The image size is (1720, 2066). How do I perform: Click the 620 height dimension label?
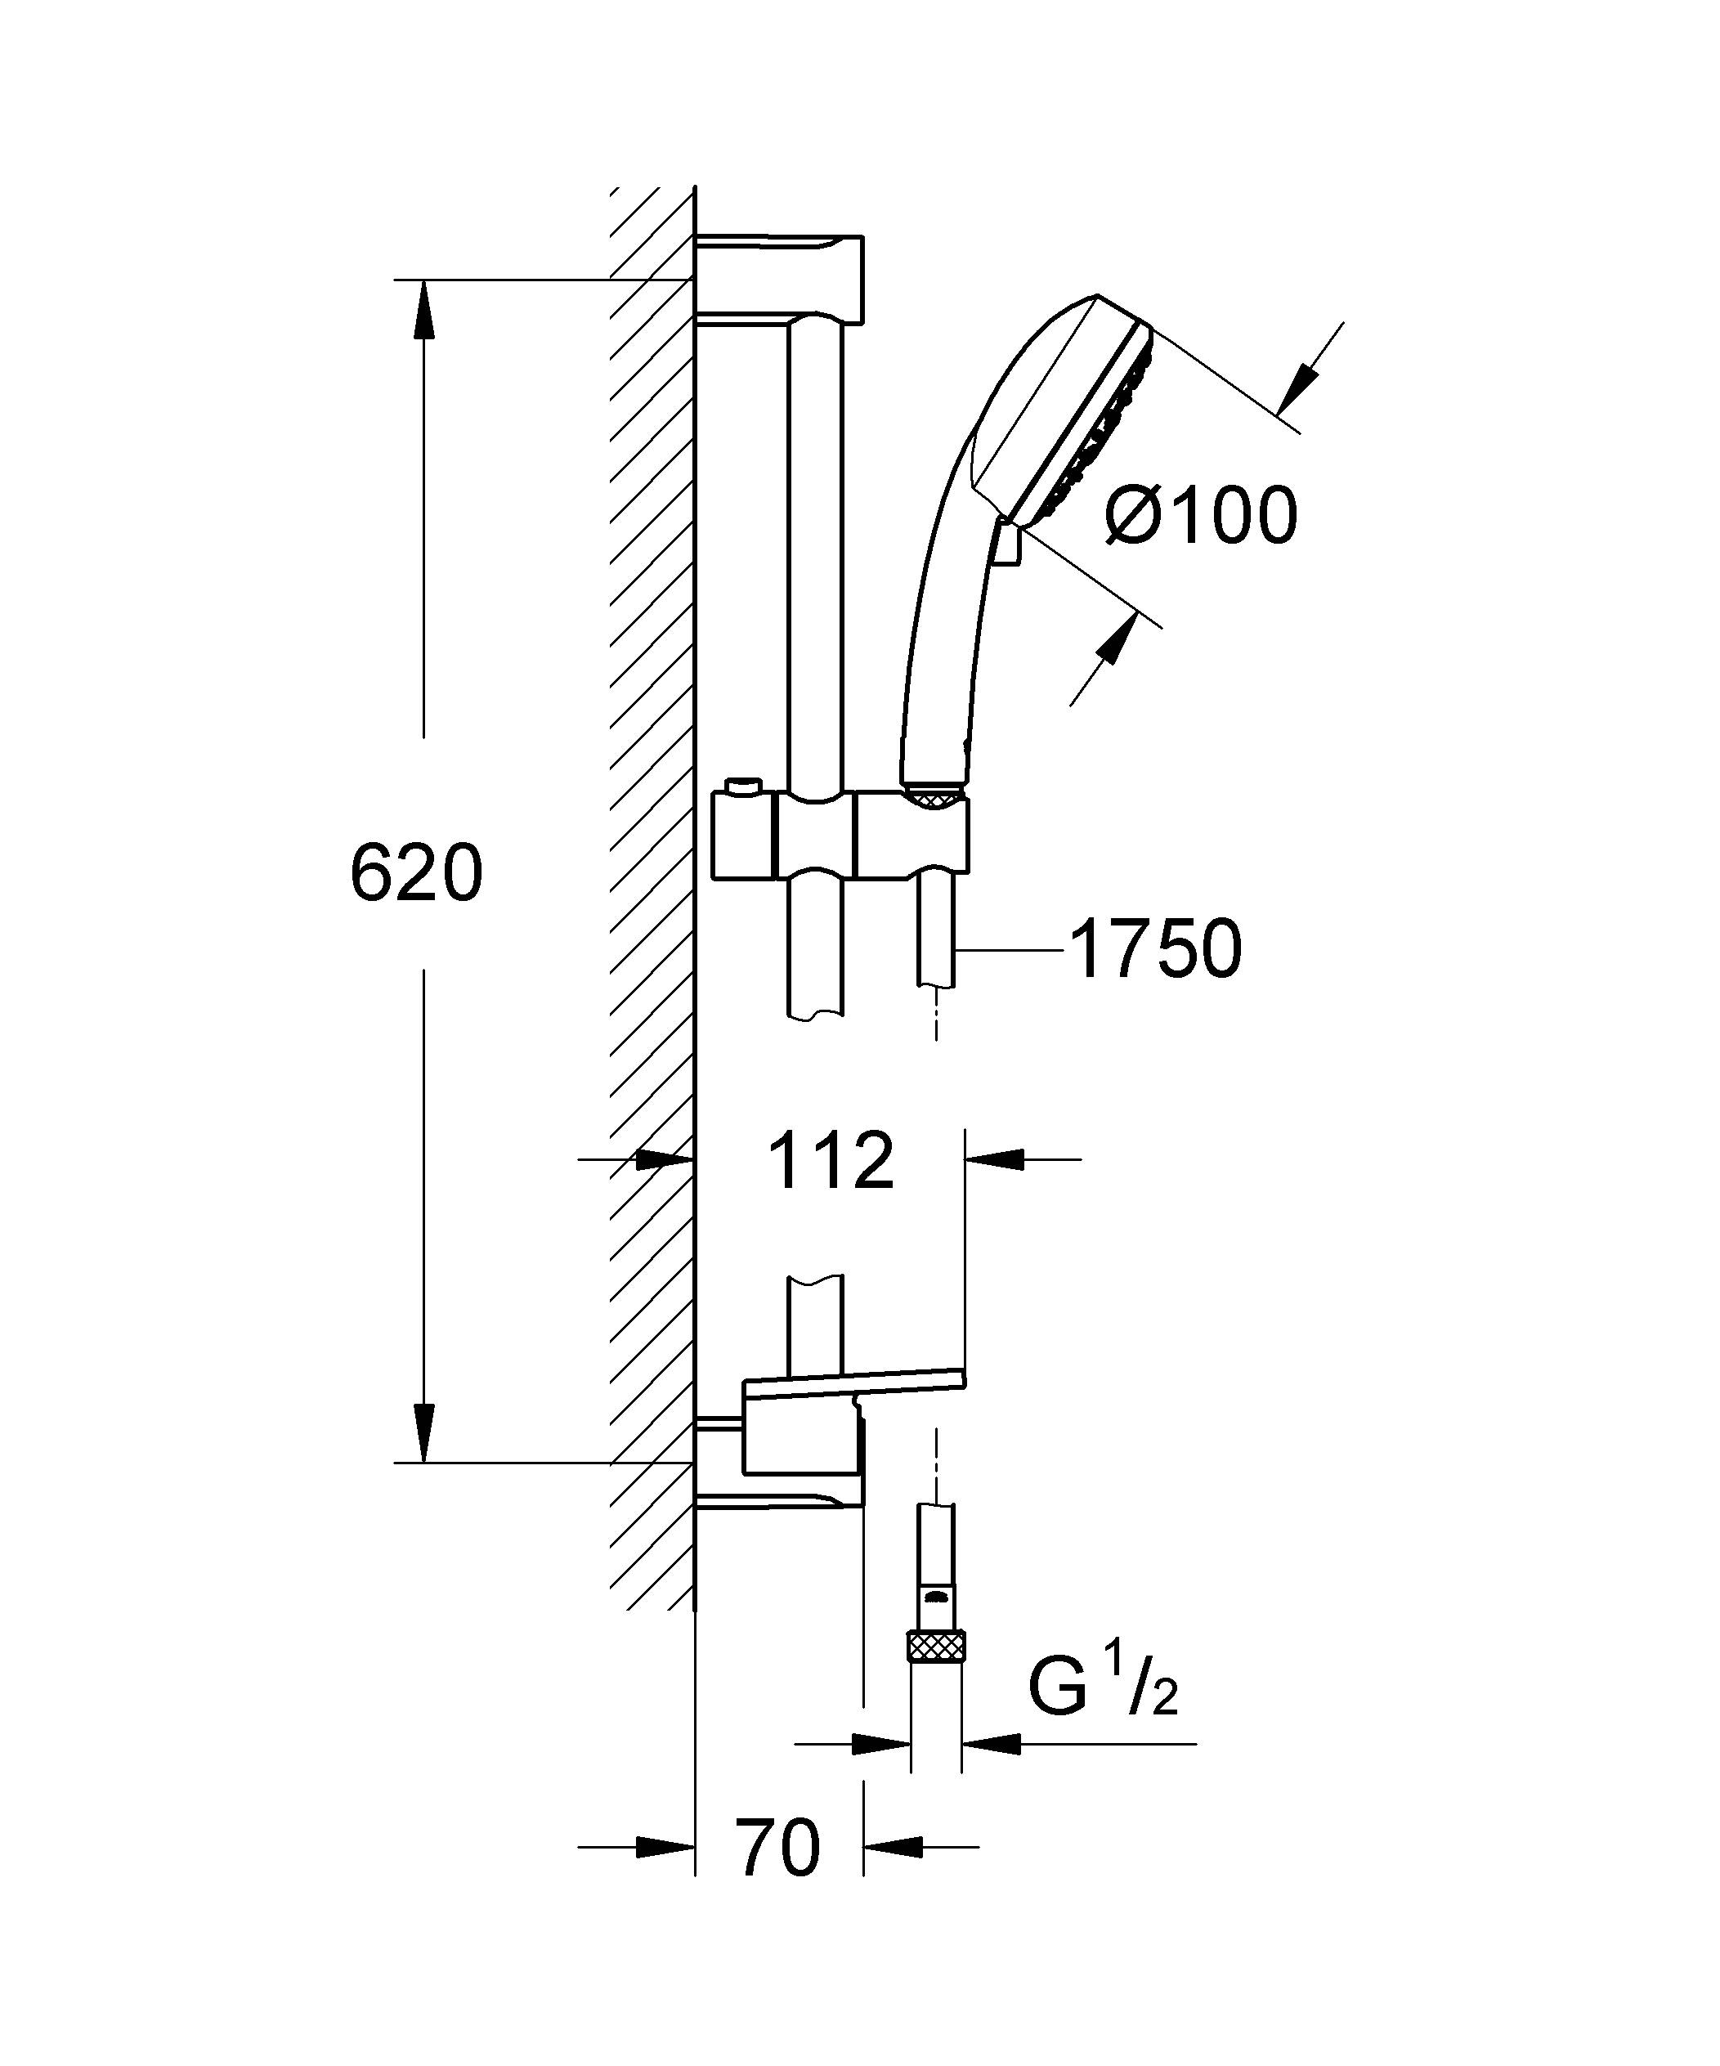coord(416,872)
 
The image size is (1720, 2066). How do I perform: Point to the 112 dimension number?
coord(831,1161)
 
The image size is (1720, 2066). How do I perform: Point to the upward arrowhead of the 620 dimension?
coord(424,310)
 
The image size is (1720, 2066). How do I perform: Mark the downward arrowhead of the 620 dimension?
coord(424,1432)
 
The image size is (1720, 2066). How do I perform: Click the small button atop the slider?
coord(743,788)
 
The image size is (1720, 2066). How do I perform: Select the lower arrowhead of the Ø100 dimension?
coord(1111,639)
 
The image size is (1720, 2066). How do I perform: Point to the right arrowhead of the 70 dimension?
coord(894,1847)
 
